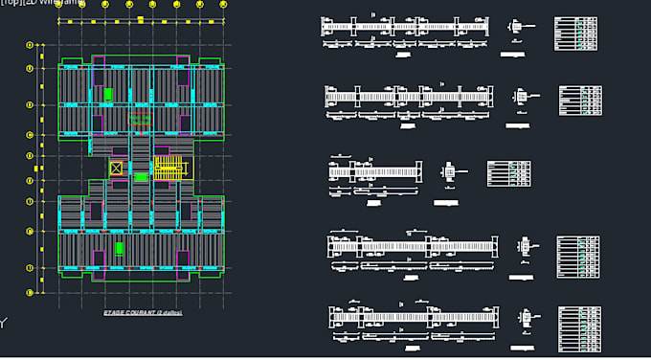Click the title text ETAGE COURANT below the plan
point(144,313)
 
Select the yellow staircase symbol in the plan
point(168,169)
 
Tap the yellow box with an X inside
point(116,169)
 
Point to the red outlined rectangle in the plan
point(140,120)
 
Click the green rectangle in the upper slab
point(108,94)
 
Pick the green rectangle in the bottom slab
point(120,248)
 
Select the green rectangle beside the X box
point(141,176)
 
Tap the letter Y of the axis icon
point(3,324)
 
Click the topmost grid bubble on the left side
point(30,44)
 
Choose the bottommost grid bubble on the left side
point(30,292)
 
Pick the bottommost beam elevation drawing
point(414,316)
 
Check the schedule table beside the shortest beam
point(508,173)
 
